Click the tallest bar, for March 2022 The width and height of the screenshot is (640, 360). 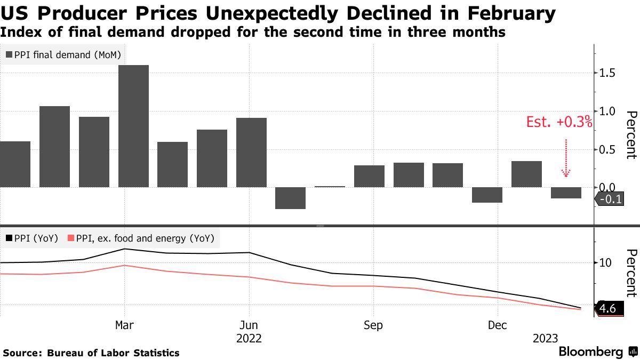[133, 126]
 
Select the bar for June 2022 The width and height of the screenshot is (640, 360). [251, 153]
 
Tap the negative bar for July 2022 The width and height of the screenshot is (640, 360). [290, 198]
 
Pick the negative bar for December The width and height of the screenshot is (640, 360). [487, 195]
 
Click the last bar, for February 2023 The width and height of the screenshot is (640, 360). [566, 193]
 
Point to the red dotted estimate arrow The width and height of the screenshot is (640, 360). [566, 158]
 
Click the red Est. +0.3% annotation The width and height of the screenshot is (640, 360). [559, 123]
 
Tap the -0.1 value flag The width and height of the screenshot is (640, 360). [607, 200]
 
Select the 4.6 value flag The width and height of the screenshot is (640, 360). [607, 309]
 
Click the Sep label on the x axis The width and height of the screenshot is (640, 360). [373, 325]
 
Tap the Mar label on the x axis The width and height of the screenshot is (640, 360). [124, 325]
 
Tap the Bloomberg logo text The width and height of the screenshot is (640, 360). [590, 352]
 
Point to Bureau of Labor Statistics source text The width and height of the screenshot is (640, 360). [113, 353]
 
